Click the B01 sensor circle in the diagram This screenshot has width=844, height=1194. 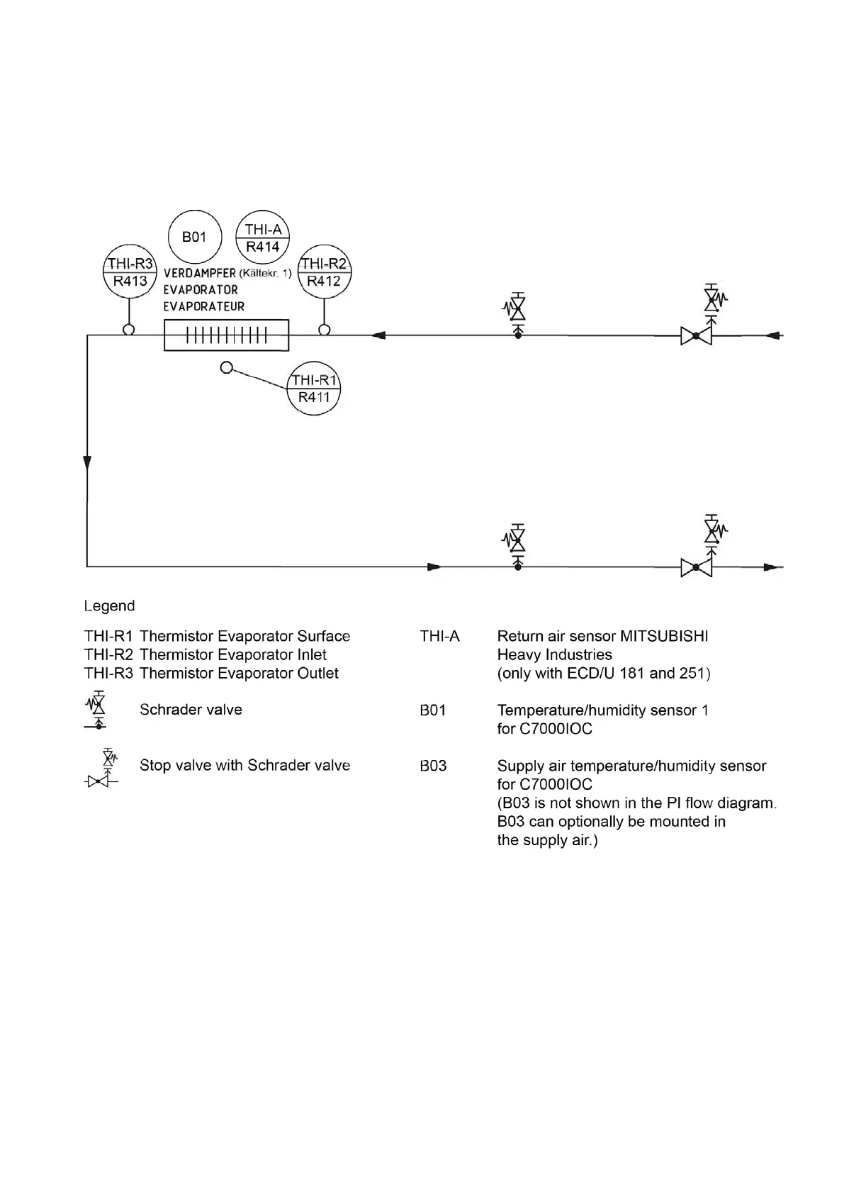pos(194,237)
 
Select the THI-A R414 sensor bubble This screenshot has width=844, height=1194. pos(263,238)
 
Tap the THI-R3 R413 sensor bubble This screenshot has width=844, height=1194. pos(130,272)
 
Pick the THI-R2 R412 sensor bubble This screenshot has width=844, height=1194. pos(324,272)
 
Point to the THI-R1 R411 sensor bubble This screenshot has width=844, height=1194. pos(314,389)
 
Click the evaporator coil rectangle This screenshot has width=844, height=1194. pos(226,335)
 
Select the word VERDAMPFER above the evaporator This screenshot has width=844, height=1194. pos(200,273)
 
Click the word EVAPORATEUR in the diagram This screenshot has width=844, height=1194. pos(204,307)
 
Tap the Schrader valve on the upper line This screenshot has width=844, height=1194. pos(518,311)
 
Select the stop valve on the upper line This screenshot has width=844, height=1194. pos(696,335)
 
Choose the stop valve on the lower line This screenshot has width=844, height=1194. pos(696,567)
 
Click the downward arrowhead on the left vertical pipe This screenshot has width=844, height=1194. pos(87,463)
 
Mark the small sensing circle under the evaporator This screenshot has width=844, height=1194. pos(226,367)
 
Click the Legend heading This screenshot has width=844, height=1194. pos(109,606)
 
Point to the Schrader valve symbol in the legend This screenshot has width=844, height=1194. pos(98,710)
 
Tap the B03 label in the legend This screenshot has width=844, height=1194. pos(433,766)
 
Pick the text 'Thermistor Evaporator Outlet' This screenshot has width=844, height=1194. pos(239,673)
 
